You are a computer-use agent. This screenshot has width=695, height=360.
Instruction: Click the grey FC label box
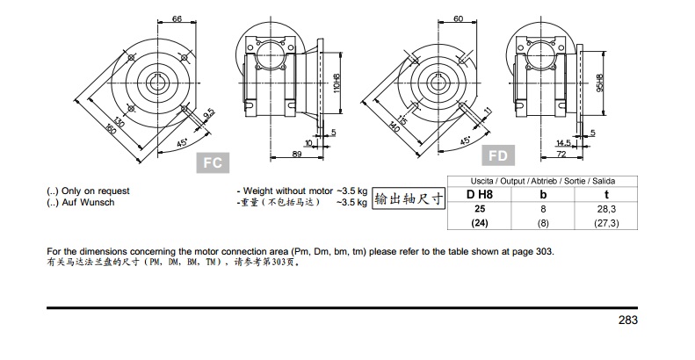tap(212, 163)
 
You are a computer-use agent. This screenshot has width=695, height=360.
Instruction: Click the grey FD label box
tap(497, 157)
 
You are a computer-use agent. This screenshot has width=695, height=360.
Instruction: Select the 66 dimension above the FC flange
tap(177, 18)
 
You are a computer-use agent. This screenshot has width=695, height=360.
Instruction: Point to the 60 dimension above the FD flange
tap(459, 18)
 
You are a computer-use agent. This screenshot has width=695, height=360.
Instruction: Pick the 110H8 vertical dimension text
tap(337, 85)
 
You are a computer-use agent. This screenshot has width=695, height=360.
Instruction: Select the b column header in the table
tap(543, 194)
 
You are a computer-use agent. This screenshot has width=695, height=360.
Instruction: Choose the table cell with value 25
tap(480, 210)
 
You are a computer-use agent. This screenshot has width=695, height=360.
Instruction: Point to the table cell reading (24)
tap(480, 224)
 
